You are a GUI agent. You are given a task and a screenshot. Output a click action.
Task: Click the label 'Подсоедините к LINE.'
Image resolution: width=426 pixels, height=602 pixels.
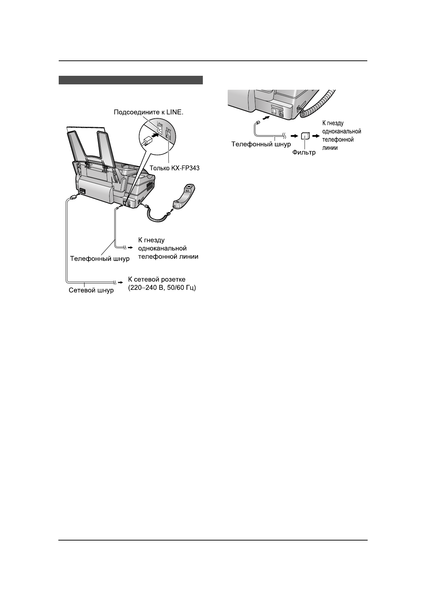148,112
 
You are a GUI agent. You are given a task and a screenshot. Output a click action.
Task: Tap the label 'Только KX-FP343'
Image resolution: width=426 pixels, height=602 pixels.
174,168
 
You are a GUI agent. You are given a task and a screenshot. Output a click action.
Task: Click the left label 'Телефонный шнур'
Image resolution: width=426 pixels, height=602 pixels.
100,258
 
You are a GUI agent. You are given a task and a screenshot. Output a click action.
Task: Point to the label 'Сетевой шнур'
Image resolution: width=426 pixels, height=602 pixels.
91,290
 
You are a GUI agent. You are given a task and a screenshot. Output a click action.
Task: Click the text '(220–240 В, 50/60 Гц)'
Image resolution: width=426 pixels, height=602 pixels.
161,288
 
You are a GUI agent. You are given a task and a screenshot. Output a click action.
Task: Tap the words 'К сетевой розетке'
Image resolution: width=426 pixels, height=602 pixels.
157,279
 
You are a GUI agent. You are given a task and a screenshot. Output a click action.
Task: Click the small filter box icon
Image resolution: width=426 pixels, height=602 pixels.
305,136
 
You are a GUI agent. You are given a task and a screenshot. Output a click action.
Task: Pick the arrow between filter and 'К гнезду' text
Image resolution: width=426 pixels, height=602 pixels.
316,136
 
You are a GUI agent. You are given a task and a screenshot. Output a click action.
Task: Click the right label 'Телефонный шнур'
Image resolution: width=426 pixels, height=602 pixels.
261,144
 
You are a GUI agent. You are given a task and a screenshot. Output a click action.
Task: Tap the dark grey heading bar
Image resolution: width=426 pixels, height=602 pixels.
131,80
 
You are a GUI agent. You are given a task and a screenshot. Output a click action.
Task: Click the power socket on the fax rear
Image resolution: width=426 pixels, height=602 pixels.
82,191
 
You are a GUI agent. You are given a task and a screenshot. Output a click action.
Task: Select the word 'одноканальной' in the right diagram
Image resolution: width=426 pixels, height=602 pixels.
342,131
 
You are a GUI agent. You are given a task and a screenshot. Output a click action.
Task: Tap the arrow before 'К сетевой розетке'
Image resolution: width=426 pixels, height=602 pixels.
120,281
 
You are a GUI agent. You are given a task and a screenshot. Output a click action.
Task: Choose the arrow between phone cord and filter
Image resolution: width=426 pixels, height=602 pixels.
294,136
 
